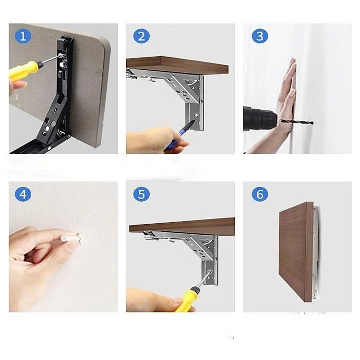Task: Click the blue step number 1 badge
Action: (23, 36)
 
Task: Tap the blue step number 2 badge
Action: (142, 36)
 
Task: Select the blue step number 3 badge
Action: (260, 36)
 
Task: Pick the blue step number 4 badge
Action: (23, 194)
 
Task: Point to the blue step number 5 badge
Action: (142, 194)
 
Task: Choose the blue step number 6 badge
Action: (260, 194)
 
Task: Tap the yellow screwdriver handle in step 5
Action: (187, 299)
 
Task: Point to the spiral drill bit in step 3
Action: (296, 122)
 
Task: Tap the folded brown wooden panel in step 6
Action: (296, 252)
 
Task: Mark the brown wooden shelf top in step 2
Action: (177, 65)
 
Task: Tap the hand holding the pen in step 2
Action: (156, 141)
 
